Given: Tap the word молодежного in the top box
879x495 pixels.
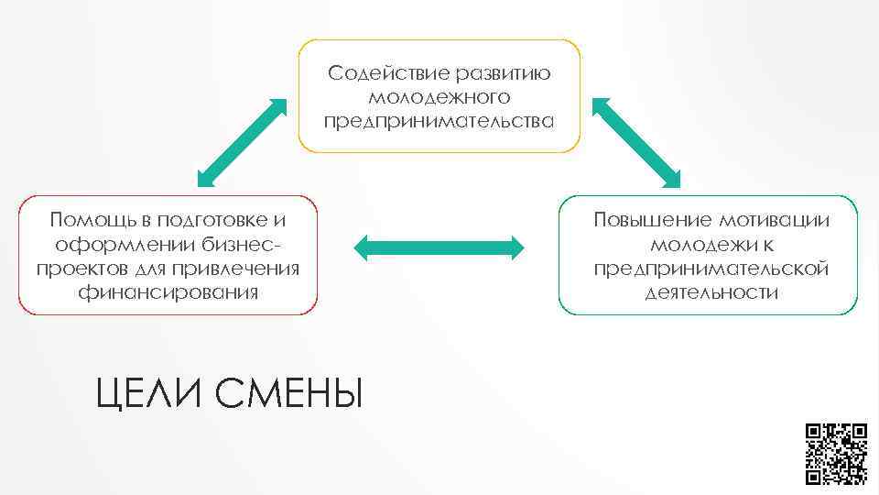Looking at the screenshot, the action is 439,97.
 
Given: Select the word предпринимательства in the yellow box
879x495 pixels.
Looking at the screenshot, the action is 439,121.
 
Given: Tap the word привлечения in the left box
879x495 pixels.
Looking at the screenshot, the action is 246,269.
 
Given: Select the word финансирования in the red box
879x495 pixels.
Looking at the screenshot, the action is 168,292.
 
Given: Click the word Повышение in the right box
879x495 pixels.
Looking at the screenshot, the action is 651,220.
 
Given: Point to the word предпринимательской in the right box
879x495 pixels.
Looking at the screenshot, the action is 711,269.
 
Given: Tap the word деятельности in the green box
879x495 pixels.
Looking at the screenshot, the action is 711,292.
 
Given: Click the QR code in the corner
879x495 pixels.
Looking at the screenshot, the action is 836,453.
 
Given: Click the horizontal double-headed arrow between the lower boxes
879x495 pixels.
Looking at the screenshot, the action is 439,247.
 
